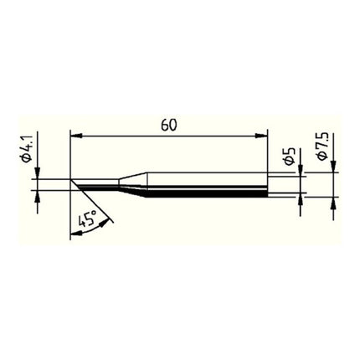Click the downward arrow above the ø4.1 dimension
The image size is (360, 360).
[38, 174]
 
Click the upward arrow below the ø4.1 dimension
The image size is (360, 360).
[38, 195]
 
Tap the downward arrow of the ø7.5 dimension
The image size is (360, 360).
[334, 167]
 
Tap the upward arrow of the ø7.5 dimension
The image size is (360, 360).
[334, 203]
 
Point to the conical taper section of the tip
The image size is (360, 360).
[136, 185]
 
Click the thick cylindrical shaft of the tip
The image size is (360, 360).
[209, 185]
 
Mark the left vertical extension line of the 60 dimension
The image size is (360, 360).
[71, 155]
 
